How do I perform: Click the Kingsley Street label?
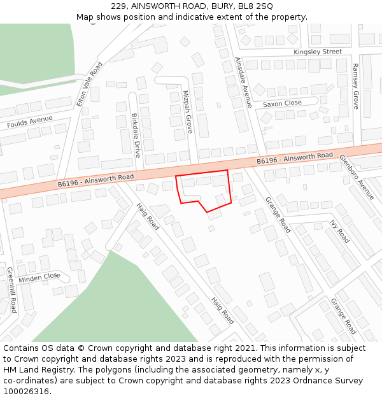click(318, 52)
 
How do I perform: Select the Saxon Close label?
click(282, 103)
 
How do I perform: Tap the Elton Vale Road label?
click(89, 83)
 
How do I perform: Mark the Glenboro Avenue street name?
click(357, 176)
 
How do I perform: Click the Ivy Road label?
click(339, 231)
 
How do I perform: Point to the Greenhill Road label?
click(11, 290)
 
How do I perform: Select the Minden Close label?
click(39, 278)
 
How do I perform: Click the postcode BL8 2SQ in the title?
click(256, 6)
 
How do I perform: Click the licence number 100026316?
click(27, 391)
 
